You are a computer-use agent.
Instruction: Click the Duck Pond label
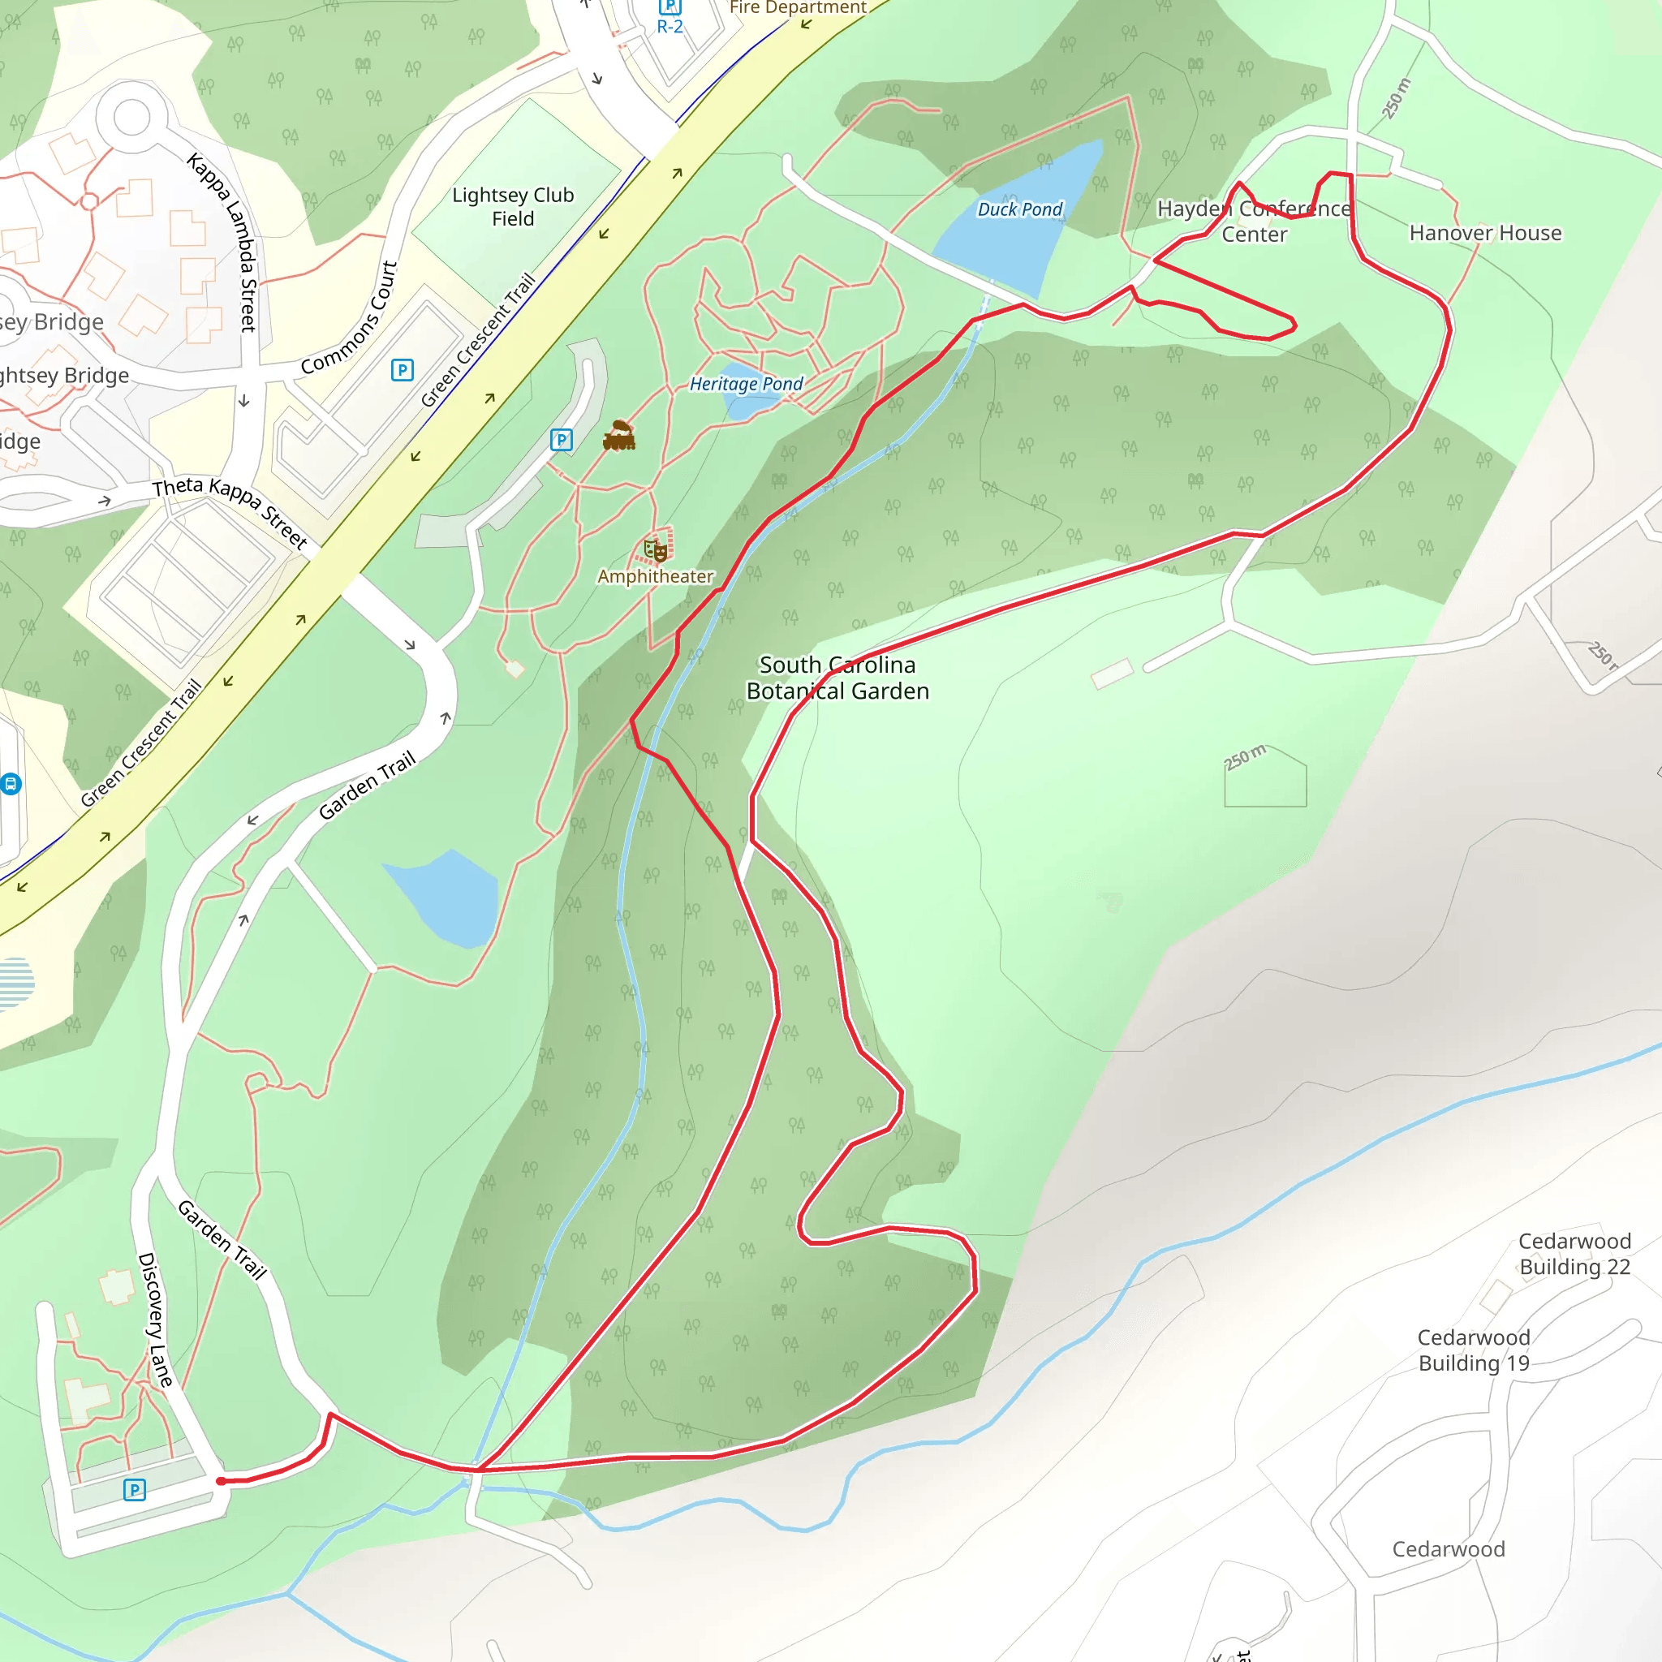1019,209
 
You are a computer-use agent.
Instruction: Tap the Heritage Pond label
746,384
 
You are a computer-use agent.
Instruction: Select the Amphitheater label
656,576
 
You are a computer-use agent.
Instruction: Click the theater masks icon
656,549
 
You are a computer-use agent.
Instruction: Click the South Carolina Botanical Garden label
837,678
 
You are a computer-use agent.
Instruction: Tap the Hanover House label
1485,233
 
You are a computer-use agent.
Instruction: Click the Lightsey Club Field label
513,206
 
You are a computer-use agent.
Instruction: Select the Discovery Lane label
155,1320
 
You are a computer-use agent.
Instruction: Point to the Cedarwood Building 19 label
1474,1350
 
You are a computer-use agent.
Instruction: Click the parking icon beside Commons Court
402,370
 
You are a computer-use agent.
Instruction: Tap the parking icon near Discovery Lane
134,1489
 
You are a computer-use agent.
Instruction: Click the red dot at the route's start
221,1480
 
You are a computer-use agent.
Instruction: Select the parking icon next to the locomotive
561,440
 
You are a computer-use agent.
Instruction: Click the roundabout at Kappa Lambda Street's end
131,118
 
